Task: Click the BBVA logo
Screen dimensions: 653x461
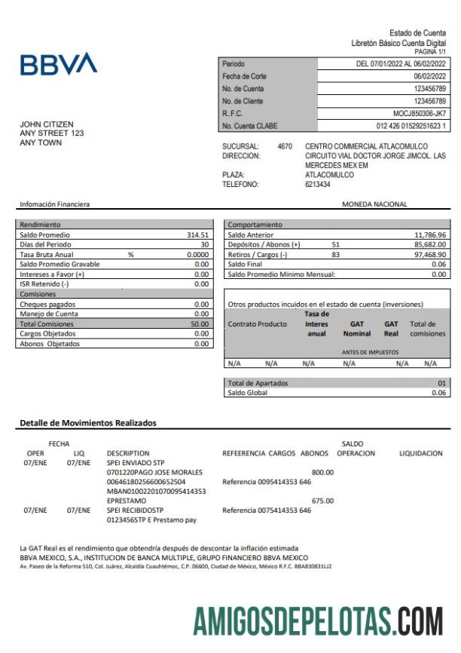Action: (x=58, y=65)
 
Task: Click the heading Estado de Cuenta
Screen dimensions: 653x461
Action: (x=417, y=33)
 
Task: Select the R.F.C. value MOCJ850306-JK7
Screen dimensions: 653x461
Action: (x=420, y=113)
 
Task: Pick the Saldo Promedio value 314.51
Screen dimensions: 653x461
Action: (x=197, y=235)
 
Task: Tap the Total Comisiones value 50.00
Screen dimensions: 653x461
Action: (x=200, y=323)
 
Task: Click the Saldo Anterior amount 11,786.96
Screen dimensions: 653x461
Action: (x=430, y=235)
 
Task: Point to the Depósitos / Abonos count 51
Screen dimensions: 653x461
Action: (x=335, y=245)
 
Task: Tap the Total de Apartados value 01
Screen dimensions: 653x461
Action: (x=442, y=383)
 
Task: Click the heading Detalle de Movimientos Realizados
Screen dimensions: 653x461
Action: (x=88, y=423)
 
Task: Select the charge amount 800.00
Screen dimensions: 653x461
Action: (x=322, y=472)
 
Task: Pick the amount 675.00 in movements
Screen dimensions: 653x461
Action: (x=322, y=501)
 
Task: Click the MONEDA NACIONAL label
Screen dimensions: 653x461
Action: (x=374, y=204)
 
